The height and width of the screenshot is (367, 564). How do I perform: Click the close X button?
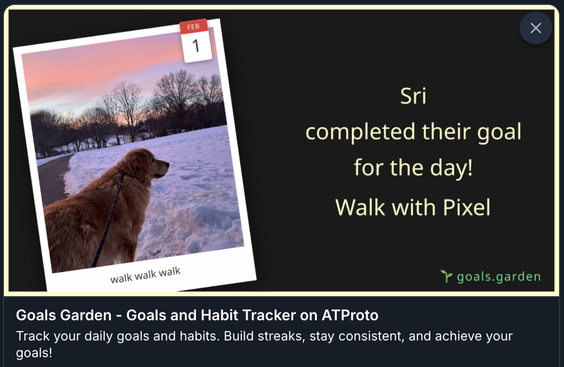(x=535, y=28)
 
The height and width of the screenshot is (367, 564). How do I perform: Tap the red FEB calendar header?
(x=193, y=27)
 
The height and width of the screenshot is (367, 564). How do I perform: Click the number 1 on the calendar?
(x=196, y=46)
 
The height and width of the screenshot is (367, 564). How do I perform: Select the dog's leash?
(x=108, y=220)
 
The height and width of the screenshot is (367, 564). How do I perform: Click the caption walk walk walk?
(x=145, y=275)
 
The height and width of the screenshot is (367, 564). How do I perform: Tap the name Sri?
(x=413, y=96)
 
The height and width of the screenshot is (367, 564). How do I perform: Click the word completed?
(x=362, y=131)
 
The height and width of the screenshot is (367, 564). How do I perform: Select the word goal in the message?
(x=499, y=132)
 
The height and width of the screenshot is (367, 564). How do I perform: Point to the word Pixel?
(x=467, y=208)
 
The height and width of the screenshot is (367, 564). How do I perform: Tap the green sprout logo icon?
(x=446, y=276)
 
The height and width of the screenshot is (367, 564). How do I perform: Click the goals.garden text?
(x=499, y=277)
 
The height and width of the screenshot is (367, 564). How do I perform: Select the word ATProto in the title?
(x=350, y=315)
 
